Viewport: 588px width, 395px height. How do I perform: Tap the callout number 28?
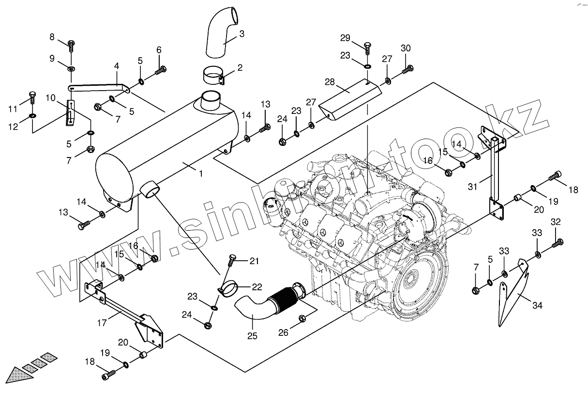point(330,82)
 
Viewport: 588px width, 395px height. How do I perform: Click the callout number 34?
point(538,305)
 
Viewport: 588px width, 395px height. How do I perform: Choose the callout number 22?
point(256,286)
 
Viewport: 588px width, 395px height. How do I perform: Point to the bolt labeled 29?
point(368,48)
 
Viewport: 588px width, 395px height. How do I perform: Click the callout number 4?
point(116,65)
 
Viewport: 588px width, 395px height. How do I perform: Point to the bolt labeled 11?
point(32,96)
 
